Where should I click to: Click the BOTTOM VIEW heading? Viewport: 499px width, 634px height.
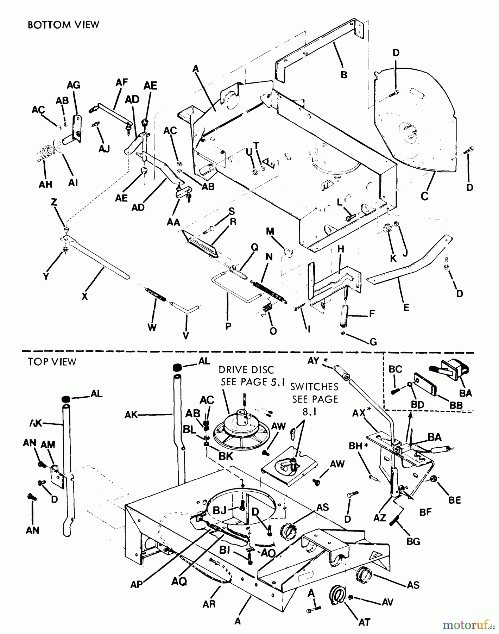pyautogui.click(x=63, y=25)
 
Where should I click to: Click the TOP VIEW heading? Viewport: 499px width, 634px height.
pyautogui.click(x=52, y=362)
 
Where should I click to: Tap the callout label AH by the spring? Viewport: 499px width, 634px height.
pyautogui.click(x=46, y=184)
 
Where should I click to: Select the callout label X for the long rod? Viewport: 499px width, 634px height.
pyautogui.click(x=84, y=297)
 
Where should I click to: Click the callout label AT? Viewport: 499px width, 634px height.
pyautogui.click(x=364, y=622)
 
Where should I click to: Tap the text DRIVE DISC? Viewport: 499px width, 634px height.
pyautogui.click(x=246, y=370)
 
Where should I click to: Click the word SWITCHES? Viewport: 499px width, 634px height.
pyautogui.click(x=314, y=387)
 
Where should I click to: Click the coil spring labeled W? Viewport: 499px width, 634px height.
pyautogui.click(x=156, y=294)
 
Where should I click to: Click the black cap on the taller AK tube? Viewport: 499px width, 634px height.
pyautogui.click(x=177, y=367)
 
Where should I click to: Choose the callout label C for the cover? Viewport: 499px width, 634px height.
pyautogui.click(x=425, y=196)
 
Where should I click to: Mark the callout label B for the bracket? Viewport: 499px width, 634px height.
pyautogui.click(x=344, y=74)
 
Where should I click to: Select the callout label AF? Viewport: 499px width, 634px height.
pyautogui.click(x=122, y=82)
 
